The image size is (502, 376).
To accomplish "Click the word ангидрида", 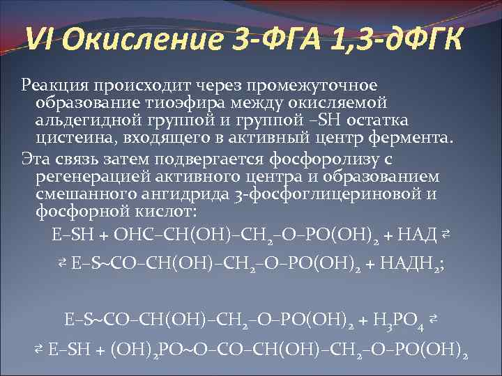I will [x=177, y=194].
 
